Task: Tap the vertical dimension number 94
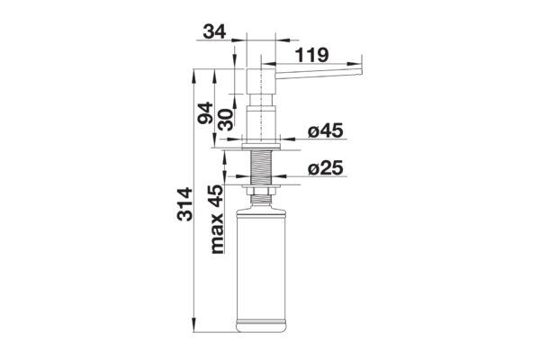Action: pos(205,114)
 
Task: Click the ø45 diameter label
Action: pos(326,131)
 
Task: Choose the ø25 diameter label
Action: pos(326,168)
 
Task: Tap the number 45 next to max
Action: pos(217,197)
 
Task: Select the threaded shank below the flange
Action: pos(262,167)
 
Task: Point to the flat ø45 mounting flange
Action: pos(262,142)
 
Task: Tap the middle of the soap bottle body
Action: pos(262,261)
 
